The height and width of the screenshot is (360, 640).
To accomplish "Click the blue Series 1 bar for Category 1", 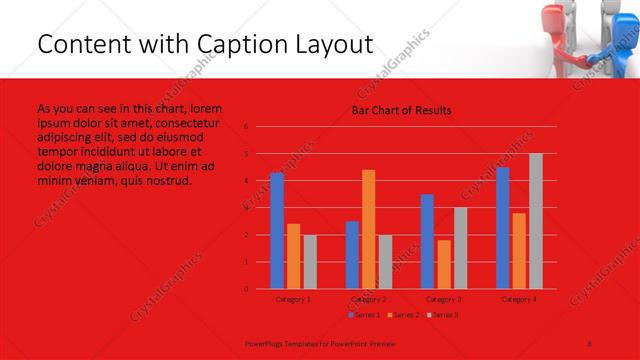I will (x=277, y=231).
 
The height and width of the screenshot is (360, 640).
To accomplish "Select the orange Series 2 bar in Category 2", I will (x=369, y=229).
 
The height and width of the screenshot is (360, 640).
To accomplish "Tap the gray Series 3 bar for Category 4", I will (x=536, y=221).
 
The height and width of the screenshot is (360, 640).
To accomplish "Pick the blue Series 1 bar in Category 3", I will (x=427, y=241).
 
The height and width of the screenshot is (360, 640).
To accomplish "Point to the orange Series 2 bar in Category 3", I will (x=444, y=264).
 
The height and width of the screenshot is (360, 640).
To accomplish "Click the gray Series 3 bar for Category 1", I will (x=310, y=262).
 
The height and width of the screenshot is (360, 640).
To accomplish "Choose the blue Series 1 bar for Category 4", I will (x=503, y=228).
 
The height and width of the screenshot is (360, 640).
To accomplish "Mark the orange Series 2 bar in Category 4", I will (x=519, y=251).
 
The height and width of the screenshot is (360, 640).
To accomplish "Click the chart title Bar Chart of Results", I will (x=401, y=110).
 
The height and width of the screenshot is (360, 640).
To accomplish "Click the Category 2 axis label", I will (x=369, y=299).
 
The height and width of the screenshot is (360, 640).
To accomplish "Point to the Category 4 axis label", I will (x=519, y=299).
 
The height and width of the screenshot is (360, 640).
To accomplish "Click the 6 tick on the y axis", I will (x=246, y=127).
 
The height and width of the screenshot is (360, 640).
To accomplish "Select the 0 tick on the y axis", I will (x=246, y=289).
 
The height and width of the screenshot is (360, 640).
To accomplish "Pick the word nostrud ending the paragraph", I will (x=164, y=181).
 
